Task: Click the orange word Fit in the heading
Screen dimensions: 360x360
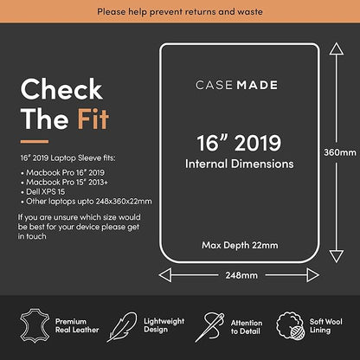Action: (x=93, y=119)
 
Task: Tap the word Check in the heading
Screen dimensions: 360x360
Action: (x=61, y=89)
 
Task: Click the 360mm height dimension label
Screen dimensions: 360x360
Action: (x=340, y=152)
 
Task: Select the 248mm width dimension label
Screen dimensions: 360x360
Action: (x=241, y=275)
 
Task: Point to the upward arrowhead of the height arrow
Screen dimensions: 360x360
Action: (x=337, y=48)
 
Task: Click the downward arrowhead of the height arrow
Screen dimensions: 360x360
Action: (x=337, y=256)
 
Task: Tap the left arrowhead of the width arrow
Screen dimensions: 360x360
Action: (x=165, y=275)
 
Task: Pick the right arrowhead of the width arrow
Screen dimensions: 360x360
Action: (x=313, y=275)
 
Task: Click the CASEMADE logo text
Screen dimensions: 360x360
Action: (x=236, y=85)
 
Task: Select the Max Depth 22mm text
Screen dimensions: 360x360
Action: (x=240, y=245)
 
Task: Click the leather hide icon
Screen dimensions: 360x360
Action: (x=35, y=325)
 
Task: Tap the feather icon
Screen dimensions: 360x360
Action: (x=122, y=327)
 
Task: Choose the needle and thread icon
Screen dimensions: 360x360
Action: (x=209, y=327)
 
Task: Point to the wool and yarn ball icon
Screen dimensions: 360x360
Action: (x=290, y=325)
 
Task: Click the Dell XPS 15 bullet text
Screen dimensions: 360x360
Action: (x=45, y=192)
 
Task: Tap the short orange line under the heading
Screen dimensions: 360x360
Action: (x=35, y=142)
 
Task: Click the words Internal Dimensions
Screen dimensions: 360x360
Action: (x=240, y=164)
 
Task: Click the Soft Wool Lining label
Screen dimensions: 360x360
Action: (x=326, y=326)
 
